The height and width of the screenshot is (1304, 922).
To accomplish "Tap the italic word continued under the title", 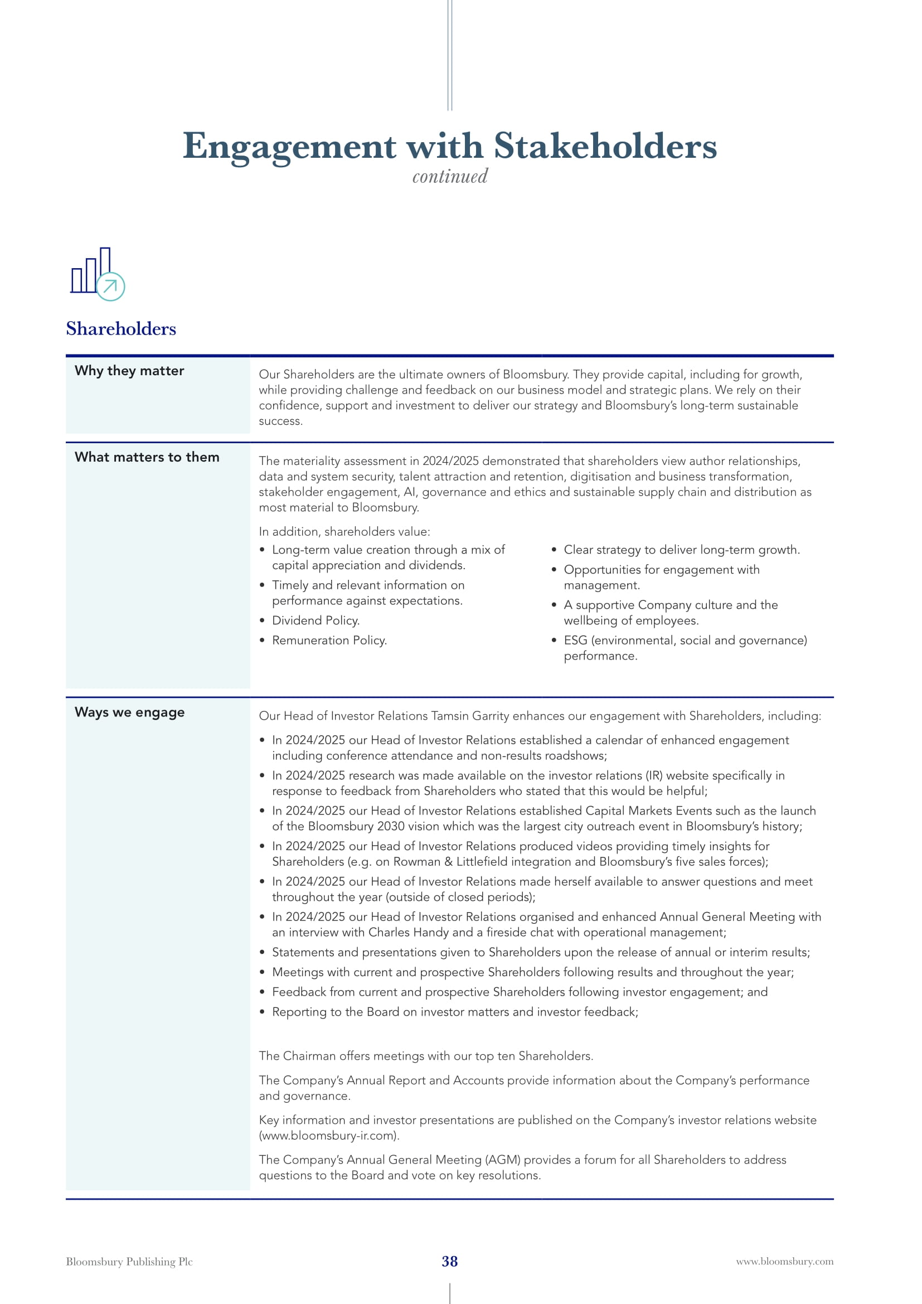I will [x=450, y=177].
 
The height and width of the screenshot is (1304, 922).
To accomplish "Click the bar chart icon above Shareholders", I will [x=97, y=274].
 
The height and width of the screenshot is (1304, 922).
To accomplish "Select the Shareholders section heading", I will [x=121, y=329].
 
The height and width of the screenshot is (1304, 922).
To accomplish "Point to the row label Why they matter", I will [x=129, y=371].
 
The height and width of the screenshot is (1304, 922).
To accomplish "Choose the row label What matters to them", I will [x=147, y=457].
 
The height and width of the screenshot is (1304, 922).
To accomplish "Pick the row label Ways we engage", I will [x=129, y=712].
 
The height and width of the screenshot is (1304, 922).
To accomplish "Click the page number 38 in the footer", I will [x=450, y=1262].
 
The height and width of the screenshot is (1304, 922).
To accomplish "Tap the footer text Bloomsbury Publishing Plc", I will [x=129, y=1262].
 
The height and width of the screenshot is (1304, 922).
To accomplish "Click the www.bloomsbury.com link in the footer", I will [x=785, y=1262].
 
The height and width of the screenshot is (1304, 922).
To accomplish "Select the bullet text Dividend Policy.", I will [x=316, y=621].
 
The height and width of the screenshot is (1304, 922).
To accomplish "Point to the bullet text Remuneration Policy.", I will [x=329, y=641].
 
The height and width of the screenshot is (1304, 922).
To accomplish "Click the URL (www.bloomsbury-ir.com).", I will [x=329, y=1136].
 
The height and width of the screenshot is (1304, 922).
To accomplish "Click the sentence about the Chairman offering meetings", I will [x=426, y=1056].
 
